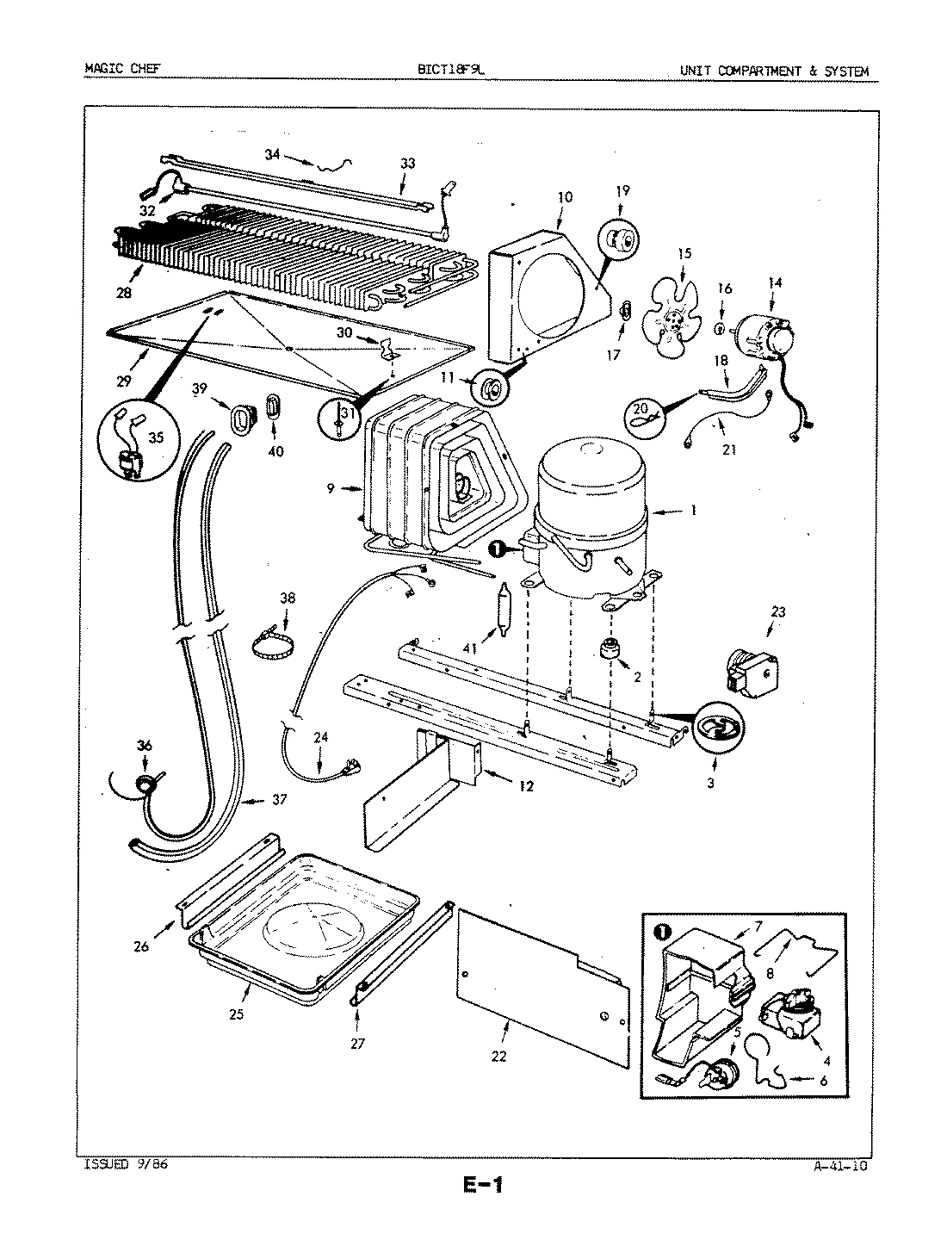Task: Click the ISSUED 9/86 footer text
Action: (115, 1165)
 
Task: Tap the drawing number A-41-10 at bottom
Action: (839, 1167)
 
